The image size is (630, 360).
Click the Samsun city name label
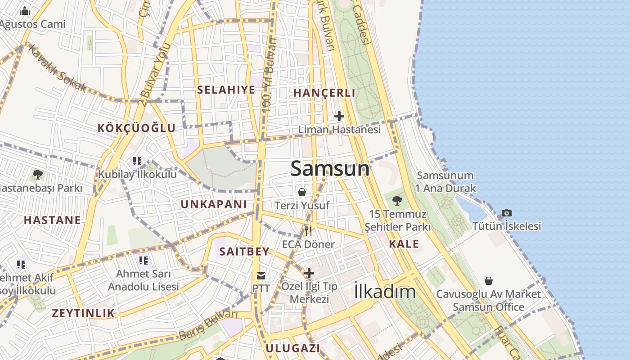(x=330, y=169)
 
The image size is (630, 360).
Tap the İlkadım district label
(x=385, y=292)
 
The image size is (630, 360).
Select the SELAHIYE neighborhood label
(x=226, y=90)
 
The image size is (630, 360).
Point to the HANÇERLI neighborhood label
(x=324, y=93)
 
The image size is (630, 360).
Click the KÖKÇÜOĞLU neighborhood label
(x=136, y=128)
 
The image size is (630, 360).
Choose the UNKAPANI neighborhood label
(x=214, y=204)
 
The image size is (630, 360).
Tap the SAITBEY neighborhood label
(x=244, y=252)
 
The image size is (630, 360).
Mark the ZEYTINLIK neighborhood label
(x=83, y=313)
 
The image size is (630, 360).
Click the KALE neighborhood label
(x=404, y=244)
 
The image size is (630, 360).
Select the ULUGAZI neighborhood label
(x=292, y=348)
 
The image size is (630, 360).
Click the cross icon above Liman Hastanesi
(x=339, y=116)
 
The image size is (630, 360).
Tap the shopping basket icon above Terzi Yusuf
(x=302, y=192)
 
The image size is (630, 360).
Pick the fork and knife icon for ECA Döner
(x=308, y=231)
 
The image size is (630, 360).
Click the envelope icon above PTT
(x=261, y=275)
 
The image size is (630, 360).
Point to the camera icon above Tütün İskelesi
(x=507, y=213)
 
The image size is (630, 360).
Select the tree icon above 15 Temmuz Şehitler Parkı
(x=397, y=200)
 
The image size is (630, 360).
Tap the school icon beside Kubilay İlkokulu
(x=137, y=161)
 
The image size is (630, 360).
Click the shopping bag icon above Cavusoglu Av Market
(x=489, y=281)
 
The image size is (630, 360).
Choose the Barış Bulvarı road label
(x=208, y=325)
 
